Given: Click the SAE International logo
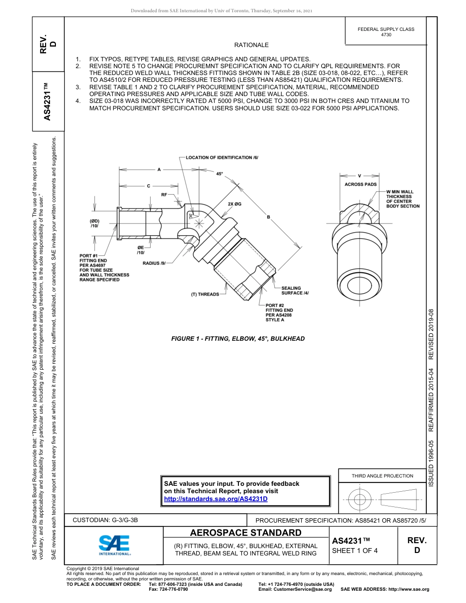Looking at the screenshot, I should pyautogui.click(x=114, y=545).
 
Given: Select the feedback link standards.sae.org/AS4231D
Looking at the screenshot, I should pyautogui.click(x=215, y=499).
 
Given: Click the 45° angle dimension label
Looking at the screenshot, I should pyautogui.click(x=219, y=174).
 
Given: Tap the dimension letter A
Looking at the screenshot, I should pyautogui.click(x=159, y=170).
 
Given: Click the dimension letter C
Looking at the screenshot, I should pyautogui.click(x=148, y=186).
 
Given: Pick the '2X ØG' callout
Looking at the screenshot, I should pyautogui.click(x=234, y=203).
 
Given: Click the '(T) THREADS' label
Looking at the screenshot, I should pyautogui.click(x=205, y=294).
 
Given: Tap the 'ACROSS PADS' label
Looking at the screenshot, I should pyautogui.click(x=361, y=184).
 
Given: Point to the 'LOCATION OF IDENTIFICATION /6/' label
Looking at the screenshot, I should pyautogui.click(x=222, y=157).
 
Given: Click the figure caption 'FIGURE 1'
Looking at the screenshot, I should pyautogui.click(x=238, y=339).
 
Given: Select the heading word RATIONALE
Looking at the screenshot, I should pyautogui.click(x=251, y=45).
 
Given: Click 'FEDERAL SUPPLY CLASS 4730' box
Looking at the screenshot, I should pyautogui.click(x=386, y=32).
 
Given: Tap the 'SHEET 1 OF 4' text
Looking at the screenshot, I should pyautogui.click(x=355, y=551).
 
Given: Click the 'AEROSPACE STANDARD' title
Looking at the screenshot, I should pyautogui.click(x=246, y=533).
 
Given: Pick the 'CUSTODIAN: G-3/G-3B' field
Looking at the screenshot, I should pyautogui.click(x=109, y=520).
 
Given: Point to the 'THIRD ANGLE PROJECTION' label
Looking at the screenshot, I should pyautogui.click(x=382, y=476).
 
